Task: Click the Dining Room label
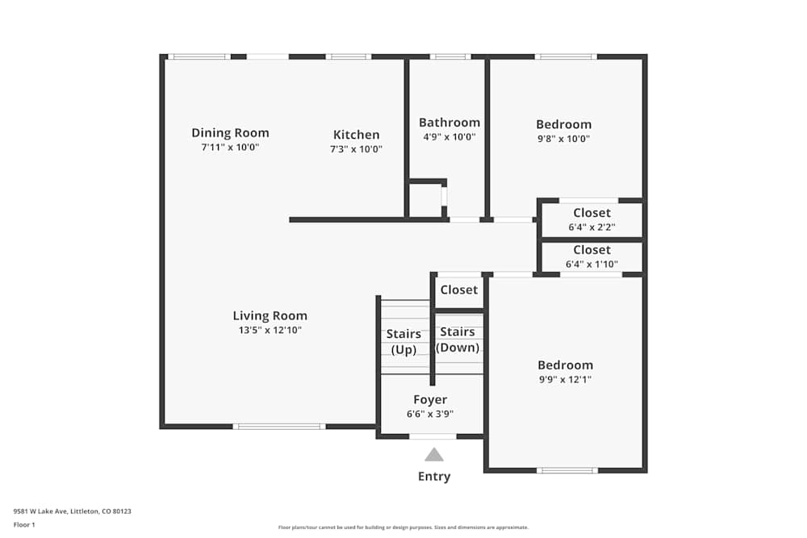point(230,133)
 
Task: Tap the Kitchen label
point(356,135)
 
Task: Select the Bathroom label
point(449,123)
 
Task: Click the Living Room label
point(270,316)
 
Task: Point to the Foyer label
point(430,400)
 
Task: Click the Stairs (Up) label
point(403,341)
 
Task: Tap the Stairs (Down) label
point(458,340)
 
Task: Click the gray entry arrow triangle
point(434,454)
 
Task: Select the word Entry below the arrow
point(434,477)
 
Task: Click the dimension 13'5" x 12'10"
point(270,330)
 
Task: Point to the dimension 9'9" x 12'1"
point(565,379)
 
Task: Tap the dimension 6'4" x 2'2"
point(592,227)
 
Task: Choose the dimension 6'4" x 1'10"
point(592,264)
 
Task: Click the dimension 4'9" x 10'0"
point(449,137)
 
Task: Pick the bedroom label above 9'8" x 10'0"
point(563,124)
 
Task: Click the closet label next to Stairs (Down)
point(458,290)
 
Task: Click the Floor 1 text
point(24,524)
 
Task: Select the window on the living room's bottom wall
point(279,426)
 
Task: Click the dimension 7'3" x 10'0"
point(356,149)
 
